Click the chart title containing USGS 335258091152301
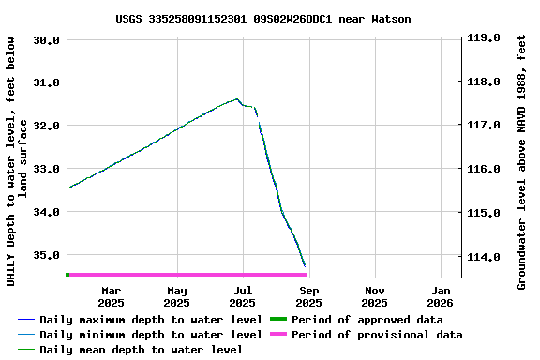click(263, 19)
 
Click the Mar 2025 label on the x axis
click(111, 296)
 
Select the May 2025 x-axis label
click(176, 296)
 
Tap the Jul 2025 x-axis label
click(242, 296)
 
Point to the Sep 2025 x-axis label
click(308, 296)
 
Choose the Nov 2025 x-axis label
click(374, 296)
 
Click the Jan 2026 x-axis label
click(441, 296)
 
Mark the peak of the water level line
click(236, 98)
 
